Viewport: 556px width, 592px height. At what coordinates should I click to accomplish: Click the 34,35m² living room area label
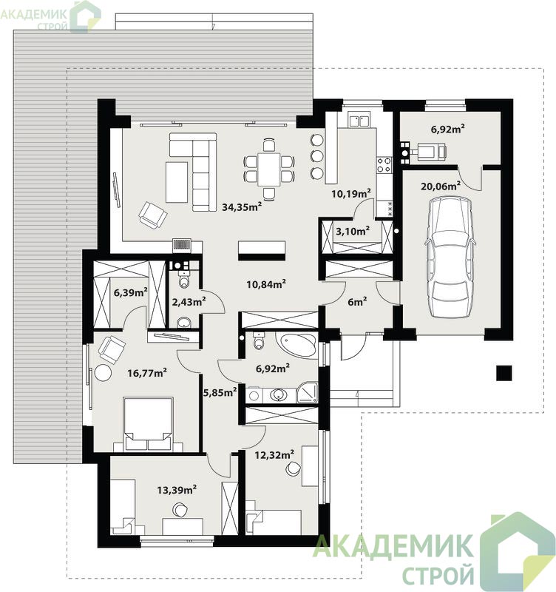(242, 206)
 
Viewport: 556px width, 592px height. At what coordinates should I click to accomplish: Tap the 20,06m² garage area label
(440, 186)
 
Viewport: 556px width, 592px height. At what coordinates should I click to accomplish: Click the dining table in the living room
(269, 169)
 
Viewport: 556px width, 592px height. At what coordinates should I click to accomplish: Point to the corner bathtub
(296, 343)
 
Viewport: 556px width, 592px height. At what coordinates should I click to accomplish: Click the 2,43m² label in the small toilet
(189, 301)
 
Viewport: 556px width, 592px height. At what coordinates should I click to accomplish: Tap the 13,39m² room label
(177, 490)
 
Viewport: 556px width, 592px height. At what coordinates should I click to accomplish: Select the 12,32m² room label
(274, 454)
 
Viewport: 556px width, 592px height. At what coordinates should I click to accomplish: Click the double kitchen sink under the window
(359, 121)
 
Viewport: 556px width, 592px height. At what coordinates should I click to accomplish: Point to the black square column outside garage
(504, 373)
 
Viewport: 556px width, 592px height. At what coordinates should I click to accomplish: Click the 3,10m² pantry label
(353, 231)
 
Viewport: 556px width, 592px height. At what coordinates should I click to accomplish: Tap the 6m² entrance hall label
(357, 302)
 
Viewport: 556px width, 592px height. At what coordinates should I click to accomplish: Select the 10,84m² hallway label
(266, 283)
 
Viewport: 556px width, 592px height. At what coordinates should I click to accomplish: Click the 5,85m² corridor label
(220, 392)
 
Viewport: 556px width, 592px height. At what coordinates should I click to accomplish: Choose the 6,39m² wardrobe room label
(131, 292)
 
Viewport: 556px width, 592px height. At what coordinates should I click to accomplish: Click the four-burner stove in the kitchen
(384, 165)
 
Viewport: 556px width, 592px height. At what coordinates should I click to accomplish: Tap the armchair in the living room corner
(153, 215)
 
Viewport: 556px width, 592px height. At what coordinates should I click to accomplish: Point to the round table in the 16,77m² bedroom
(103, 373)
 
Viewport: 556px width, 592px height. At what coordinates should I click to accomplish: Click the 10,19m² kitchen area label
(351, 193)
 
